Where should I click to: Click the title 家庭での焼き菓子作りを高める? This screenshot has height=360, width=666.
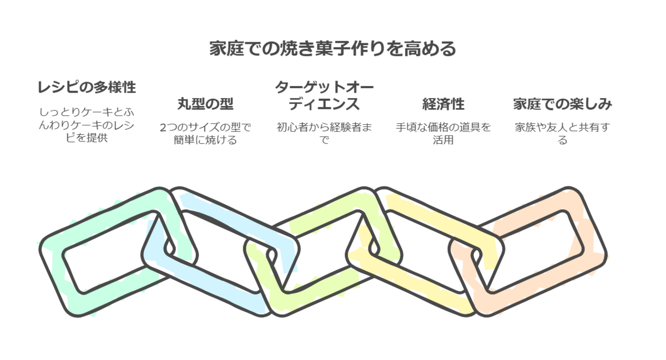(x=332, y=49)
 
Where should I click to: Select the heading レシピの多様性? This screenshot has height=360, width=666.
(x=86, y=87)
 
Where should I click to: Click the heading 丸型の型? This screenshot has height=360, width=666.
(x=205, y=104)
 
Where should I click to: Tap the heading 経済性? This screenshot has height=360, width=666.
(x=443, y=104)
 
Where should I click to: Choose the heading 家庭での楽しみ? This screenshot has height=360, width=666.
(x=562, y=104)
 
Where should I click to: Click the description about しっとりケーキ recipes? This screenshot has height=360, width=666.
(x=86, y=125)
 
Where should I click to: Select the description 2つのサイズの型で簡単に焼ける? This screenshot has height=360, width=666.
(x=205, y=134)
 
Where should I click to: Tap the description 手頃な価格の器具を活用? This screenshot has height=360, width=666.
(x=443, y=134)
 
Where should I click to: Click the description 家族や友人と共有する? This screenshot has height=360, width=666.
(x=562, y=134)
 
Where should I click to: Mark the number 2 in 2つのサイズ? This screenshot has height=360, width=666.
(x=162, y=128)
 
